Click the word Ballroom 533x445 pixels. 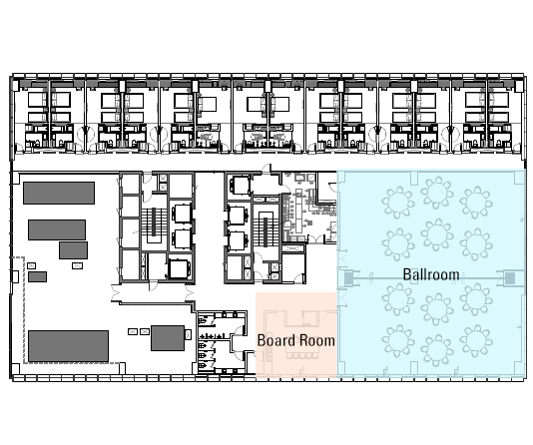pos(431,274)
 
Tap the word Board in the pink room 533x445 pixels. pos(275,340)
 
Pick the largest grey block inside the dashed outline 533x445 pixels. pos(68,346)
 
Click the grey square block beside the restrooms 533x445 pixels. pos(168,338)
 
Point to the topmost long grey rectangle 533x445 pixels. pos(59,193)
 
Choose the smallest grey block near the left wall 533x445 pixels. pos(37,276)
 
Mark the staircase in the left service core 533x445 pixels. pos(154,222)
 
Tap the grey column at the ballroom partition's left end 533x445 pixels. pos(349,278)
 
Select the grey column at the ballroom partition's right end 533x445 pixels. pos(510,278)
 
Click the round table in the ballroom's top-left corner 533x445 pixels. pos(398,203)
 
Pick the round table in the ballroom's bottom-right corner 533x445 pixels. pos(476,341)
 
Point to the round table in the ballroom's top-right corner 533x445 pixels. pos(476,203)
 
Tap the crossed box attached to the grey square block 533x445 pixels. pos(188,334)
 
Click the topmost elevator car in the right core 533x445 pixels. pos(241,186)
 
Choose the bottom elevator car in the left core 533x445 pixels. pos(179,269)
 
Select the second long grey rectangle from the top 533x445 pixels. pos(57,229)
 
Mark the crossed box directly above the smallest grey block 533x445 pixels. pos(31,265)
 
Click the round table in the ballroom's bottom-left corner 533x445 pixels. pos(398,341)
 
